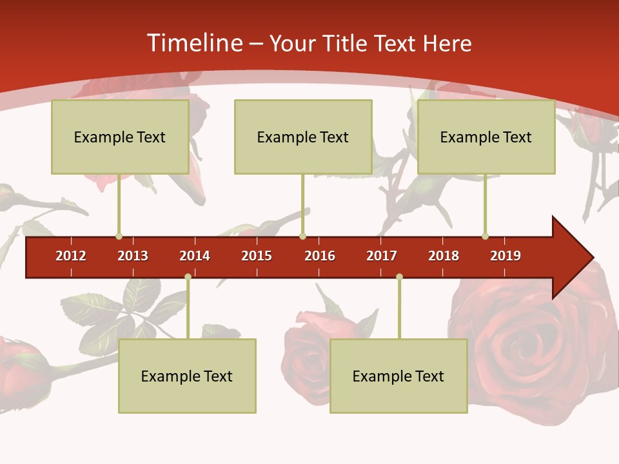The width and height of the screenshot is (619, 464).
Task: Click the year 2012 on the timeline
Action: point(71,256)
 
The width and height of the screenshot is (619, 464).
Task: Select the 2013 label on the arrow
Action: point(133,256)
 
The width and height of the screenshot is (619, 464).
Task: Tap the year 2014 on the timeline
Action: point(195,256)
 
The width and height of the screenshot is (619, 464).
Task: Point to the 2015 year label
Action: point(257,256)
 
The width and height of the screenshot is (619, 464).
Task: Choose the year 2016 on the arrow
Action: point(320,256)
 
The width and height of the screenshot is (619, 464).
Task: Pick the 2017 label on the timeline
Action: point(382,256)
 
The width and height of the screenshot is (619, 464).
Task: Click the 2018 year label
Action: point(444,256)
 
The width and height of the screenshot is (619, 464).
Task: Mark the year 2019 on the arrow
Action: point(506,256)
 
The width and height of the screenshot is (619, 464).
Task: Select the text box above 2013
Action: point(120,137)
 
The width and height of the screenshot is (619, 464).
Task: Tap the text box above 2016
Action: point(303,137)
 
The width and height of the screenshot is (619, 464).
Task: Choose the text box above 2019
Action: point(486,137)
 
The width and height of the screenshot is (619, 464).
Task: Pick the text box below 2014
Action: point(187,376)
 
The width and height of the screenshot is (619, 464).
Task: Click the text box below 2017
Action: point(398,376)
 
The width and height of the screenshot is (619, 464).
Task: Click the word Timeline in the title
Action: point(194,43)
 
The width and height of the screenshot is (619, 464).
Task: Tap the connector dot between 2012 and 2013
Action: point(119,236)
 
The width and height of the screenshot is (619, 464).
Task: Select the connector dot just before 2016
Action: point(302,236)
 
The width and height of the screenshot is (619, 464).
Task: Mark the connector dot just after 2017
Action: point(399,277)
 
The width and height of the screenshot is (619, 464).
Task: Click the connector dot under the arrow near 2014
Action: point(188,277)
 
